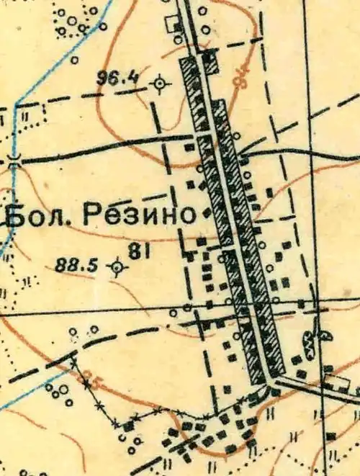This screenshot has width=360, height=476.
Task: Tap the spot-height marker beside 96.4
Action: pyautogui.click(x=160, y=84)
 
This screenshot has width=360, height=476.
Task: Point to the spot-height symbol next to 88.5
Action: pyautogui.click(x=115, y=268)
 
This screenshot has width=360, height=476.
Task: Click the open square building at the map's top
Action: pyautogui.click(x=175, y=23)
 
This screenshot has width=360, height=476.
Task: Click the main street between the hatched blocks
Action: pyautogui.click(x=234, y=238)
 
